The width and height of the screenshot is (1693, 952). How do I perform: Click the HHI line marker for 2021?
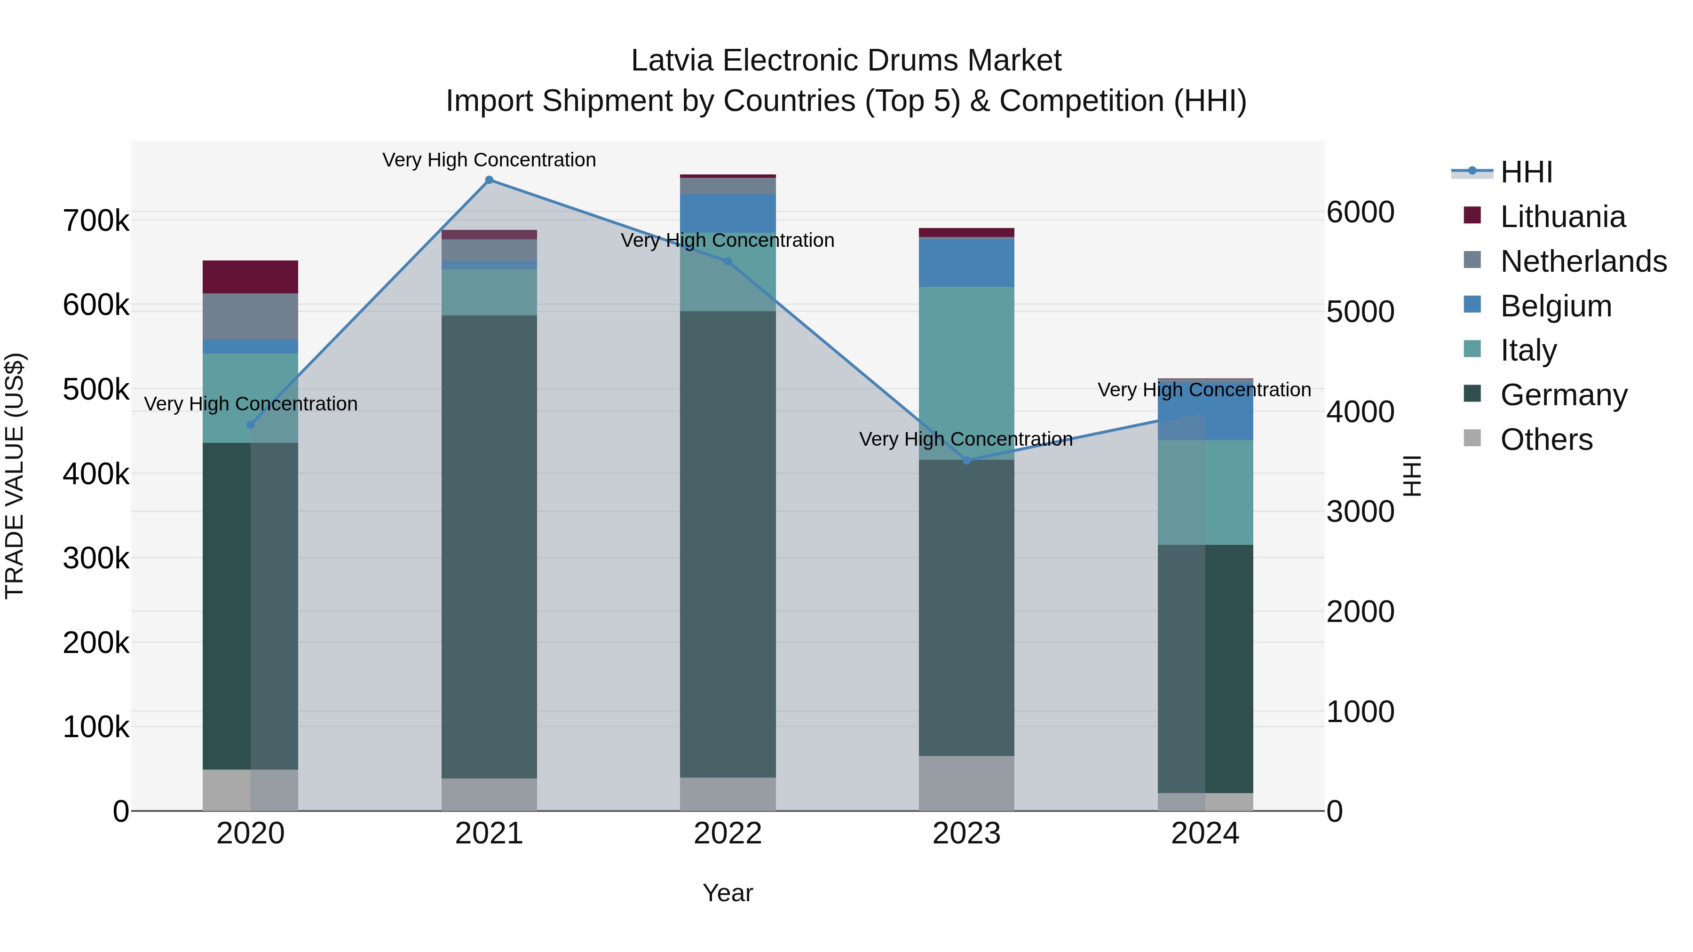(489, 180)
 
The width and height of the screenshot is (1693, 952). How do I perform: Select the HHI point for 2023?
(966, 461)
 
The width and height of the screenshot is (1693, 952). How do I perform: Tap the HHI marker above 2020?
(250, 425)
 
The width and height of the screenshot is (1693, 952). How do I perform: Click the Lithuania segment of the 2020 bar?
(250, 276)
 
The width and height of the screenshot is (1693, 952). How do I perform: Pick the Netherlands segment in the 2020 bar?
(250, 316)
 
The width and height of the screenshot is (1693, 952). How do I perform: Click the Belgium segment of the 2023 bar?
(966, 262)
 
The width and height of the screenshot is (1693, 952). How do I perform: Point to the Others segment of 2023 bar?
(966, 783)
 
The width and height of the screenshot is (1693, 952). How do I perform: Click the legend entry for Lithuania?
(1562, 217)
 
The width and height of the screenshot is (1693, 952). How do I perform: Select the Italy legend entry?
(1528, 350)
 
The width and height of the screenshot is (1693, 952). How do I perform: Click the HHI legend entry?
(1526, 172)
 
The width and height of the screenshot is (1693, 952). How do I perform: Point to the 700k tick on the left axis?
(96, 221)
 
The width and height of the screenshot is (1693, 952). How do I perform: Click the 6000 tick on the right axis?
(1360, 212)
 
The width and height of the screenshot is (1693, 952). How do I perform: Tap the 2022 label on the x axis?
(728, 834)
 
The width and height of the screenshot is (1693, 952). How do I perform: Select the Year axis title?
(728, 893)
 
